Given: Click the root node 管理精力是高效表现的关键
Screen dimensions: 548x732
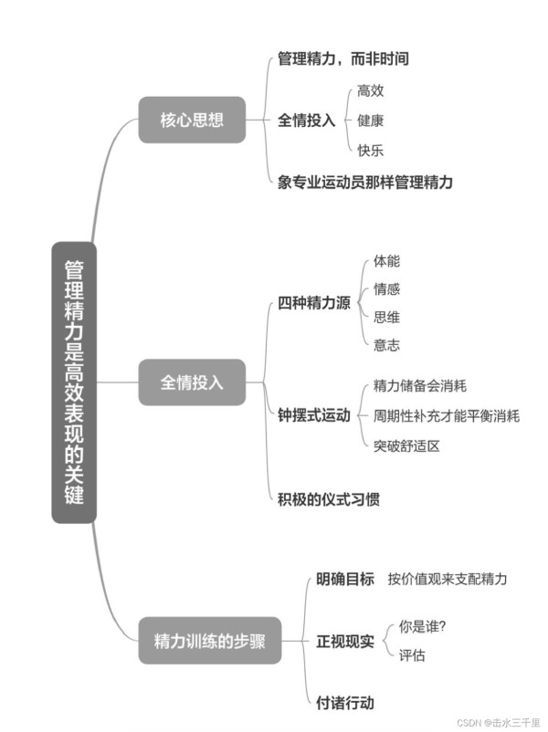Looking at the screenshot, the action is point(74,382).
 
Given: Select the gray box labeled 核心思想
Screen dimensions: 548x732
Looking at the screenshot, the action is point(192,120).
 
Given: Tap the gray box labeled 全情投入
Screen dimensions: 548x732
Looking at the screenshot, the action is point(192,382).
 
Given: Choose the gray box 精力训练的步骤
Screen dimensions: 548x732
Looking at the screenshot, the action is point(210,641).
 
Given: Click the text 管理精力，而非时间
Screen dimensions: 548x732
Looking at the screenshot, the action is point(343,58).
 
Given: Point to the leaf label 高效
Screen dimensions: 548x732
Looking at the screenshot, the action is point(371,90).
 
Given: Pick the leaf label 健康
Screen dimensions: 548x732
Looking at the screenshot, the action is point(371,120).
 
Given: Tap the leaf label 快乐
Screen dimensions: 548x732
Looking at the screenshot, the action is point(371,151).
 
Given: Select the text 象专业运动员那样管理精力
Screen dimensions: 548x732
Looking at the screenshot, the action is point(364,182).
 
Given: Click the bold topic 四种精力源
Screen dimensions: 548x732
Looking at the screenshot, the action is point(314,303).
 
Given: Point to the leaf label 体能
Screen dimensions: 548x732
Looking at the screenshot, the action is point(387,261).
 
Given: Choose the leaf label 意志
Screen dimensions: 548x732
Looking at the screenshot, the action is point(387,345).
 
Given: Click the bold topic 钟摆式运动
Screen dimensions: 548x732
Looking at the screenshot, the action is point(314,415).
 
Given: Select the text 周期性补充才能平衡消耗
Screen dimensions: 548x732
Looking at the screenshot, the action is point(447,415).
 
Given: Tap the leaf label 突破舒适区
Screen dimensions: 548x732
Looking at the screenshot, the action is point(407,445).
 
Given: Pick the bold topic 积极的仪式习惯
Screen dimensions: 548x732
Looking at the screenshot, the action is point(329,499).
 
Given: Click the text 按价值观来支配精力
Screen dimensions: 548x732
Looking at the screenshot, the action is point(448,579).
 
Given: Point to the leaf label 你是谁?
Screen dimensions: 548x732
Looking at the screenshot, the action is point(422,626).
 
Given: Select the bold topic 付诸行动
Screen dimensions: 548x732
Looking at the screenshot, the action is point(345,702).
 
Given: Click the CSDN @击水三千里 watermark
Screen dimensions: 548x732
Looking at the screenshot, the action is point(499,723).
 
